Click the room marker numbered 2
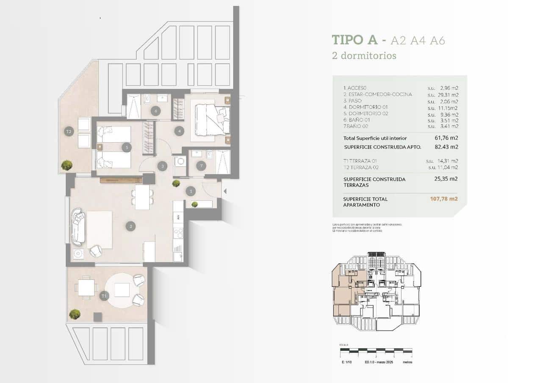[131, 226]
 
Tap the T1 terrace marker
[104, 296]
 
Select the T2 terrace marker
[69, 132]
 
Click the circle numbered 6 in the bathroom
[155, 111]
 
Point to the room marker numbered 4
[180, 131]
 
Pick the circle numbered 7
[201, 166]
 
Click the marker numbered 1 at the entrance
[191, 191]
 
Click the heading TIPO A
[355, 40]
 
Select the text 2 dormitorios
[364, 55]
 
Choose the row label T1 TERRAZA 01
[360, 161]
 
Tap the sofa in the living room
[77, 226]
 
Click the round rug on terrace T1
[122, 291]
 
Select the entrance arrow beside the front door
[225, 191]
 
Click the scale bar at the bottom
[376, 351]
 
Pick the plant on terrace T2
[66, 165]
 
